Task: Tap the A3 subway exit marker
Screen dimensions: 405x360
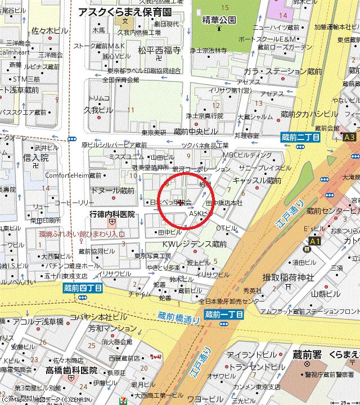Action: point(349,136)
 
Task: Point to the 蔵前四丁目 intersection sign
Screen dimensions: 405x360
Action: point(83,287)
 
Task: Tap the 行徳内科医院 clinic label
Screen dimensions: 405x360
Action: point(112,214)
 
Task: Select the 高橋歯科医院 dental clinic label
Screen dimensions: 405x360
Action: point(71,371)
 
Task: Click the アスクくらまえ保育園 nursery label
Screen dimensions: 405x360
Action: point(125,12)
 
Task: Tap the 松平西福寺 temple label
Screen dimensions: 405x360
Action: point(159,50)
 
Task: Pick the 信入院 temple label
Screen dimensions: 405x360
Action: point(36,157)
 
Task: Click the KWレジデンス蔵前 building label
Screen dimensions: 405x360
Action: point(194,245)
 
